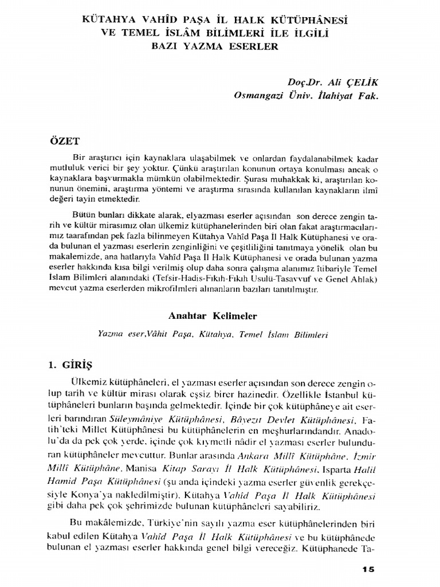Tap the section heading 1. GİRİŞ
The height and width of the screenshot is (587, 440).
pyautogui.click(x=78, y=364)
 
